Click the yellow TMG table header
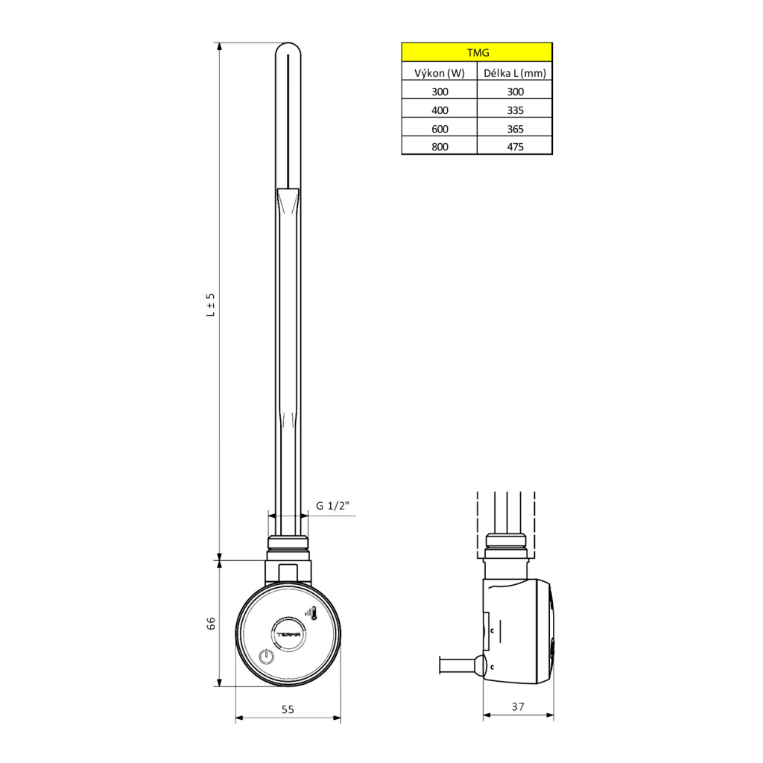point(477,52)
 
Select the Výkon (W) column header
point(440,72)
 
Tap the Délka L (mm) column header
point(515,72)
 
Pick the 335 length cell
point(515,110)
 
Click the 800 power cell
point(440,147)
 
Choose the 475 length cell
point(515,147)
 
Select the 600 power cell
point(440,128)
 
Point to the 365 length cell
point(515,128)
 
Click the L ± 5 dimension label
point(210,305)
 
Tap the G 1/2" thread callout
point(332,506)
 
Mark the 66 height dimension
point(210,623)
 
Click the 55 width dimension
point(288,709)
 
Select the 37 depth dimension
point(519,706)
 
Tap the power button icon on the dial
point(265,657)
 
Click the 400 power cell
point(440,110)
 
